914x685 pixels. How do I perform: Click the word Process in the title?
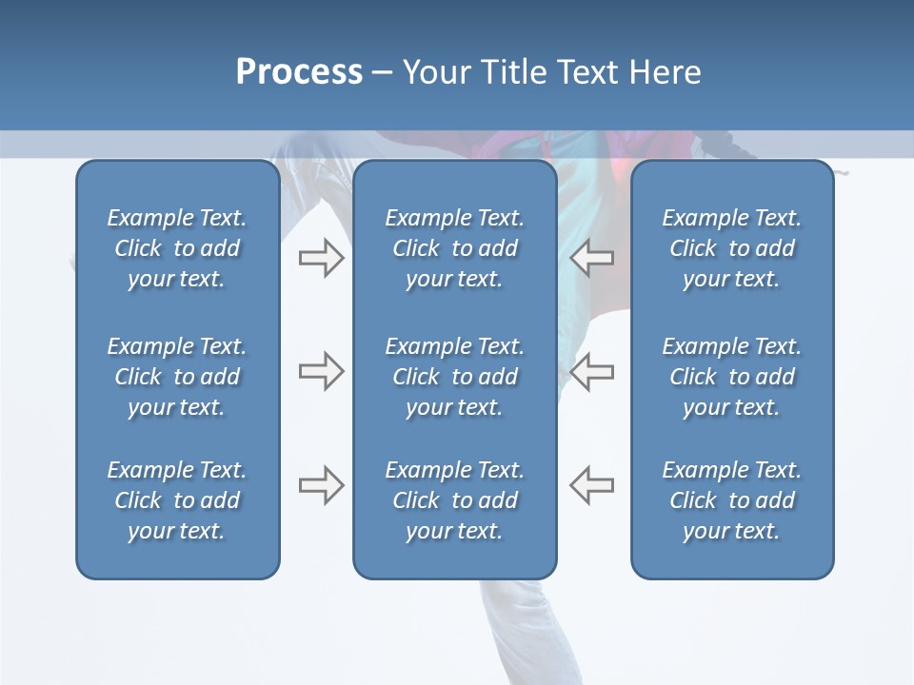pos(299,72)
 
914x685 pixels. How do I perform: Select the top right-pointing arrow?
pos(321,258)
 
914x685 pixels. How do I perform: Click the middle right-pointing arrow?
pos(321,371)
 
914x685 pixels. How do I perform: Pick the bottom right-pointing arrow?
pos(321,485)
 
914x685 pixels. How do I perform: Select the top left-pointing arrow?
pos(592,258)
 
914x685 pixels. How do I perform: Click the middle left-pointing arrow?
pos(592,371)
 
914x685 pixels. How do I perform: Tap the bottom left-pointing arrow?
pos(592,485)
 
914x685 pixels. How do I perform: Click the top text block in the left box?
pos(177,248)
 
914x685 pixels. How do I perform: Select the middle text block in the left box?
pos(177,377)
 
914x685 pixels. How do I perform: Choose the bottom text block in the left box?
pos(177,500)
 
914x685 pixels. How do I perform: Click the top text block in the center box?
pos(454,248)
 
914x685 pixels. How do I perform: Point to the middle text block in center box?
pos(454,377)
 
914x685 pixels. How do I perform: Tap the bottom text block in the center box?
pos(454,500)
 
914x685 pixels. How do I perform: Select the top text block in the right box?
pos(731,248)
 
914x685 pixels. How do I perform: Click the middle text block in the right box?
pos(731,377)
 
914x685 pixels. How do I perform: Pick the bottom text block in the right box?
pos(731,500)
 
